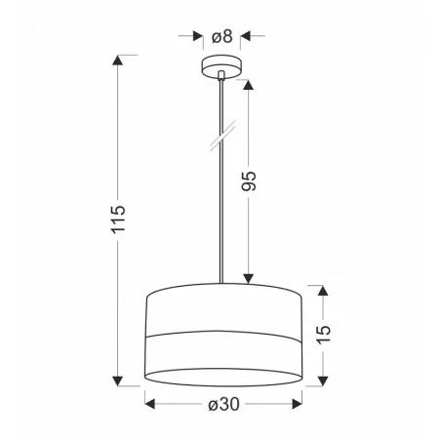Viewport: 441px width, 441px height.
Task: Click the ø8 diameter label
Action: coord(222,37)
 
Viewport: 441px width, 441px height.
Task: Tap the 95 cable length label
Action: coord(249,180)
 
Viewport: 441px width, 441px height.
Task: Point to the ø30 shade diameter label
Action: coord(223,402)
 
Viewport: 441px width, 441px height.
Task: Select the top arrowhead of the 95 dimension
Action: coord(250,84)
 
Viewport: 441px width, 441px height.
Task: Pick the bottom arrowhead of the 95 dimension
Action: coord(250,277)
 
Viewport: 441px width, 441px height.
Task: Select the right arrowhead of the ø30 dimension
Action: coord(296,401)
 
